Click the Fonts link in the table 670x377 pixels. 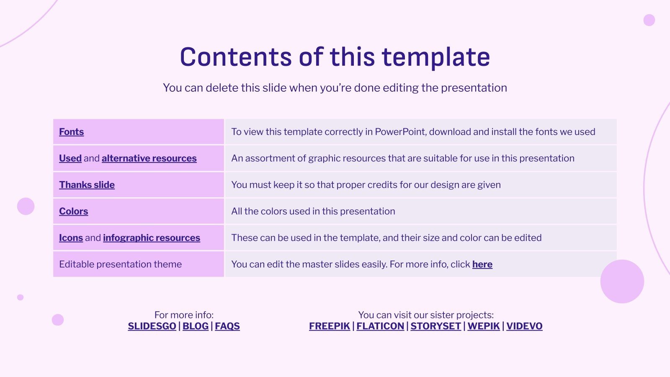pos(71,132)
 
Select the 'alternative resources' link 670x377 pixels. pos(149,158)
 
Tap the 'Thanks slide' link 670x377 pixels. pos(87,185)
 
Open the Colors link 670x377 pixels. pos(73,211)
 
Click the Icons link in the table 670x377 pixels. pos(71,238)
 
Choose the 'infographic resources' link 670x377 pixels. pos(151,238)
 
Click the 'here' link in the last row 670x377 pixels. pos(482,264)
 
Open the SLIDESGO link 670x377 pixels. pos(152,326)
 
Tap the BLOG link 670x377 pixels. pos(195,326)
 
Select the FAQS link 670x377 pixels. pos(227,326)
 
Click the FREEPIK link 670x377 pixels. pos(329,326)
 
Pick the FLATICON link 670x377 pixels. pos(380,326)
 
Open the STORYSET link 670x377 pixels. pos(435,326)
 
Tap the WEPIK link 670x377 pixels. pos(483,326)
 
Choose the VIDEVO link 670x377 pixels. pos(524,326)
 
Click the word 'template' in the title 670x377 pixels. pos(436,57)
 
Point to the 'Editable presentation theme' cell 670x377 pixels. pos(139,264)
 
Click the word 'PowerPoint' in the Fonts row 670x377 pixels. pos(400,132)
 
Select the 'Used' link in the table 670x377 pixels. pos(70,158)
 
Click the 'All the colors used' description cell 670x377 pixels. pos(420,211)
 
